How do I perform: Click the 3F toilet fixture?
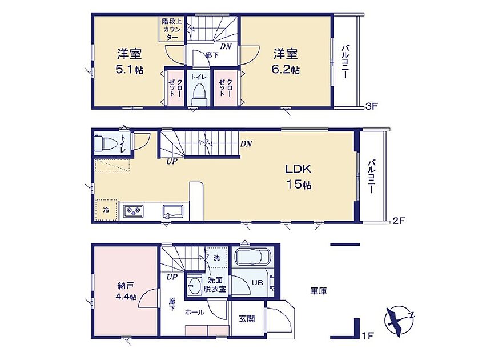199,94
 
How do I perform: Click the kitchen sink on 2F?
173,211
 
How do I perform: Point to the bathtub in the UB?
254,256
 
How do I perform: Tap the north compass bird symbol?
399,322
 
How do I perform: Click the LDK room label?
298,169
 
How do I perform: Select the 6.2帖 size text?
286,70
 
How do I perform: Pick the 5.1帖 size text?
129,70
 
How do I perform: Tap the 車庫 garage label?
319,291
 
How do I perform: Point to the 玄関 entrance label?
247,319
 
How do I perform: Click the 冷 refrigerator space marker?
106,210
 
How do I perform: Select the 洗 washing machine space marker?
216,258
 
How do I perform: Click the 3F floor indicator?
372,106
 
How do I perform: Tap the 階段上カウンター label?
172,29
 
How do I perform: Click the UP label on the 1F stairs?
172,277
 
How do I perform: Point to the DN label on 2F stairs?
246,143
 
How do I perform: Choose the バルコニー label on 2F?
371,176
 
